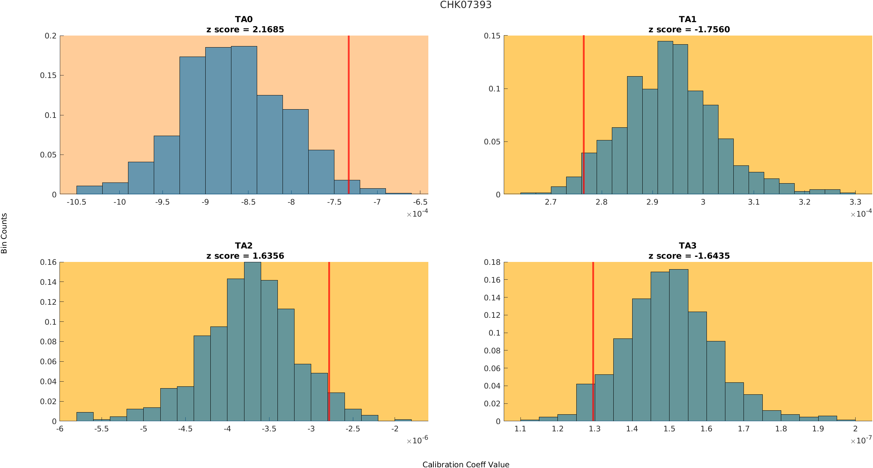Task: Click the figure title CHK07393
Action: pos(466,5)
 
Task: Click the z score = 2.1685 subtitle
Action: pos(245,30)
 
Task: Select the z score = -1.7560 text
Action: pos(689,30)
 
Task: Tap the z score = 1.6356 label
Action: pos(245,256)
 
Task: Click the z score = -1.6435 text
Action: pos(689,256)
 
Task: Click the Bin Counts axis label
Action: pos(4,233)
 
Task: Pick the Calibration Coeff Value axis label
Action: pos(466,465)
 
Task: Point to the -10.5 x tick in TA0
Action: pos(77,202)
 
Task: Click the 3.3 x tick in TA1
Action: pos(855,202)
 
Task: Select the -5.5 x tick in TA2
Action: pos(102,429)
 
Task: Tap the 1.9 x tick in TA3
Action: pos(818,429)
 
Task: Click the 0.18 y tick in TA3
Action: pos(492,262)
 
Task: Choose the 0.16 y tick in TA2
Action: pos(48,262)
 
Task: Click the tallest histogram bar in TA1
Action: pos(665,120)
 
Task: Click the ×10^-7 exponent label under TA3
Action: pos(861,440)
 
